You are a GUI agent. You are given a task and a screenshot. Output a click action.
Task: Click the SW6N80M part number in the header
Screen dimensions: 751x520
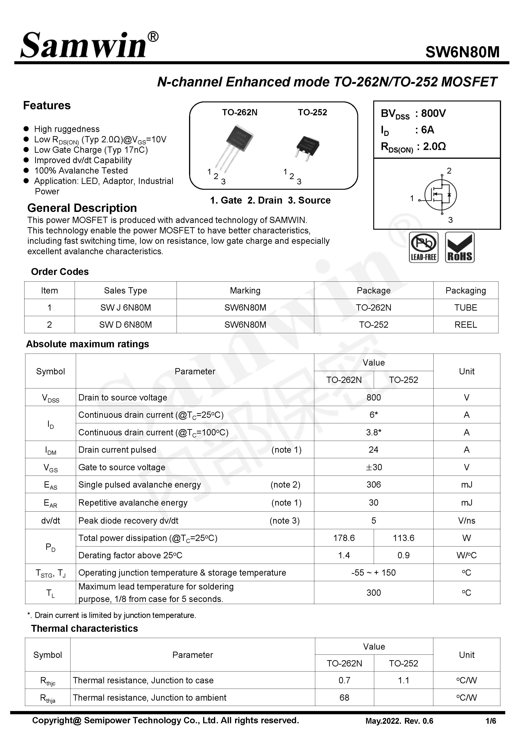click(462, 52)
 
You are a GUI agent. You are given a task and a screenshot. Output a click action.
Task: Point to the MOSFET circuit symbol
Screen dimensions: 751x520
click(440, 195)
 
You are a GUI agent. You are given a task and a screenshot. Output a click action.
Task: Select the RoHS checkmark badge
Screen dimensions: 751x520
click(459, 247)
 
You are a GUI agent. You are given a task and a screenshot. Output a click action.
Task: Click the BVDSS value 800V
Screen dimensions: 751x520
click(433, 113)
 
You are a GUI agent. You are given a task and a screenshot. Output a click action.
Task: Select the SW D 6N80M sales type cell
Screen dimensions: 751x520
click(125, 325)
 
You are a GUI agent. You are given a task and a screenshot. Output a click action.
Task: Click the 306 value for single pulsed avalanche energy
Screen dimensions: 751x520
click(373, 485)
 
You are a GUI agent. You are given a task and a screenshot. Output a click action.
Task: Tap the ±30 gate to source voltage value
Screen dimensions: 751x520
click(373, 467)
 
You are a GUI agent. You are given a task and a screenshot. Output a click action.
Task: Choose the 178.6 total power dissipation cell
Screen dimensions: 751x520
click(344, 538)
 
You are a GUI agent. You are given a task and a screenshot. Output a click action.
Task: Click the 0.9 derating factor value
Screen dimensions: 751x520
click(403, 555)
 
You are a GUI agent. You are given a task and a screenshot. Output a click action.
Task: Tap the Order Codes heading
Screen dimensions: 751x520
click(60, 272)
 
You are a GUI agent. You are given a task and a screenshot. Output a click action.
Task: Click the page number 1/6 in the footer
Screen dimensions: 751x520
click(490, 721)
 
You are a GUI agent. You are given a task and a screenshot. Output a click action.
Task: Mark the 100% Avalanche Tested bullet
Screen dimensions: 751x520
click(81, 171)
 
